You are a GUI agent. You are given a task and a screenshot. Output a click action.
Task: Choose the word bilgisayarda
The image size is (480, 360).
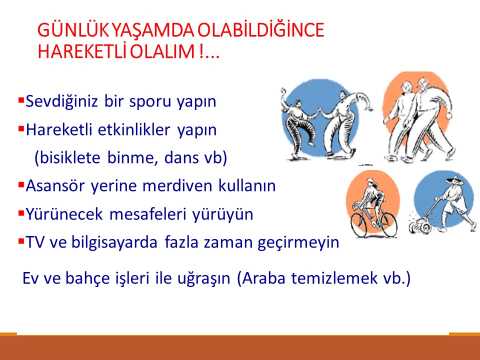(x=110, y=243)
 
